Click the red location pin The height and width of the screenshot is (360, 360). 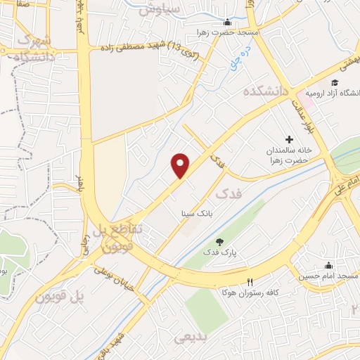coord(181,165)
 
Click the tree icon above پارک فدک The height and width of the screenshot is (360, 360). coord(221,241)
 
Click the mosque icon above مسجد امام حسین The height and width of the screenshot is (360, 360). coord(328,265)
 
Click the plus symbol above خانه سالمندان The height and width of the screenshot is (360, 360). coord(289,139)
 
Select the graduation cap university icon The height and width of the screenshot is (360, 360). coord(335,83)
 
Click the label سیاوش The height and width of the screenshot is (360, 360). coord(160,9)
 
